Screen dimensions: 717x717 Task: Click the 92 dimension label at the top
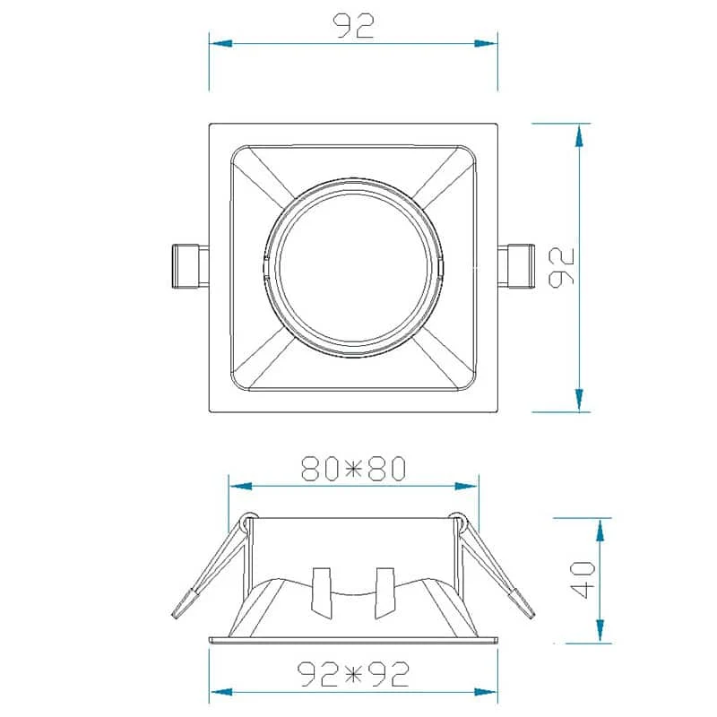pos(353,26)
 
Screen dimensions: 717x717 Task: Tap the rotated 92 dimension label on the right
pos(561,268)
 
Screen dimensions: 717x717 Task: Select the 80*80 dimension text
pos(353,468)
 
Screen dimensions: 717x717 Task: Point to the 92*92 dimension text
pos(353,674)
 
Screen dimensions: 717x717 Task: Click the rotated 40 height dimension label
pos(583,580)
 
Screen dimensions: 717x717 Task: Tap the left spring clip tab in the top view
pos(190,266)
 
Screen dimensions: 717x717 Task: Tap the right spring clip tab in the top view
pos(516,266)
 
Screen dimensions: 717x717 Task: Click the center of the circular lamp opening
pos(353,267)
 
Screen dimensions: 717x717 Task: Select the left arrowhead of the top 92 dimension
pos(220,44)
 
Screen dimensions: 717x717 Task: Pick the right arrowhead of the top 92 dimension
pos(486,44)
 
